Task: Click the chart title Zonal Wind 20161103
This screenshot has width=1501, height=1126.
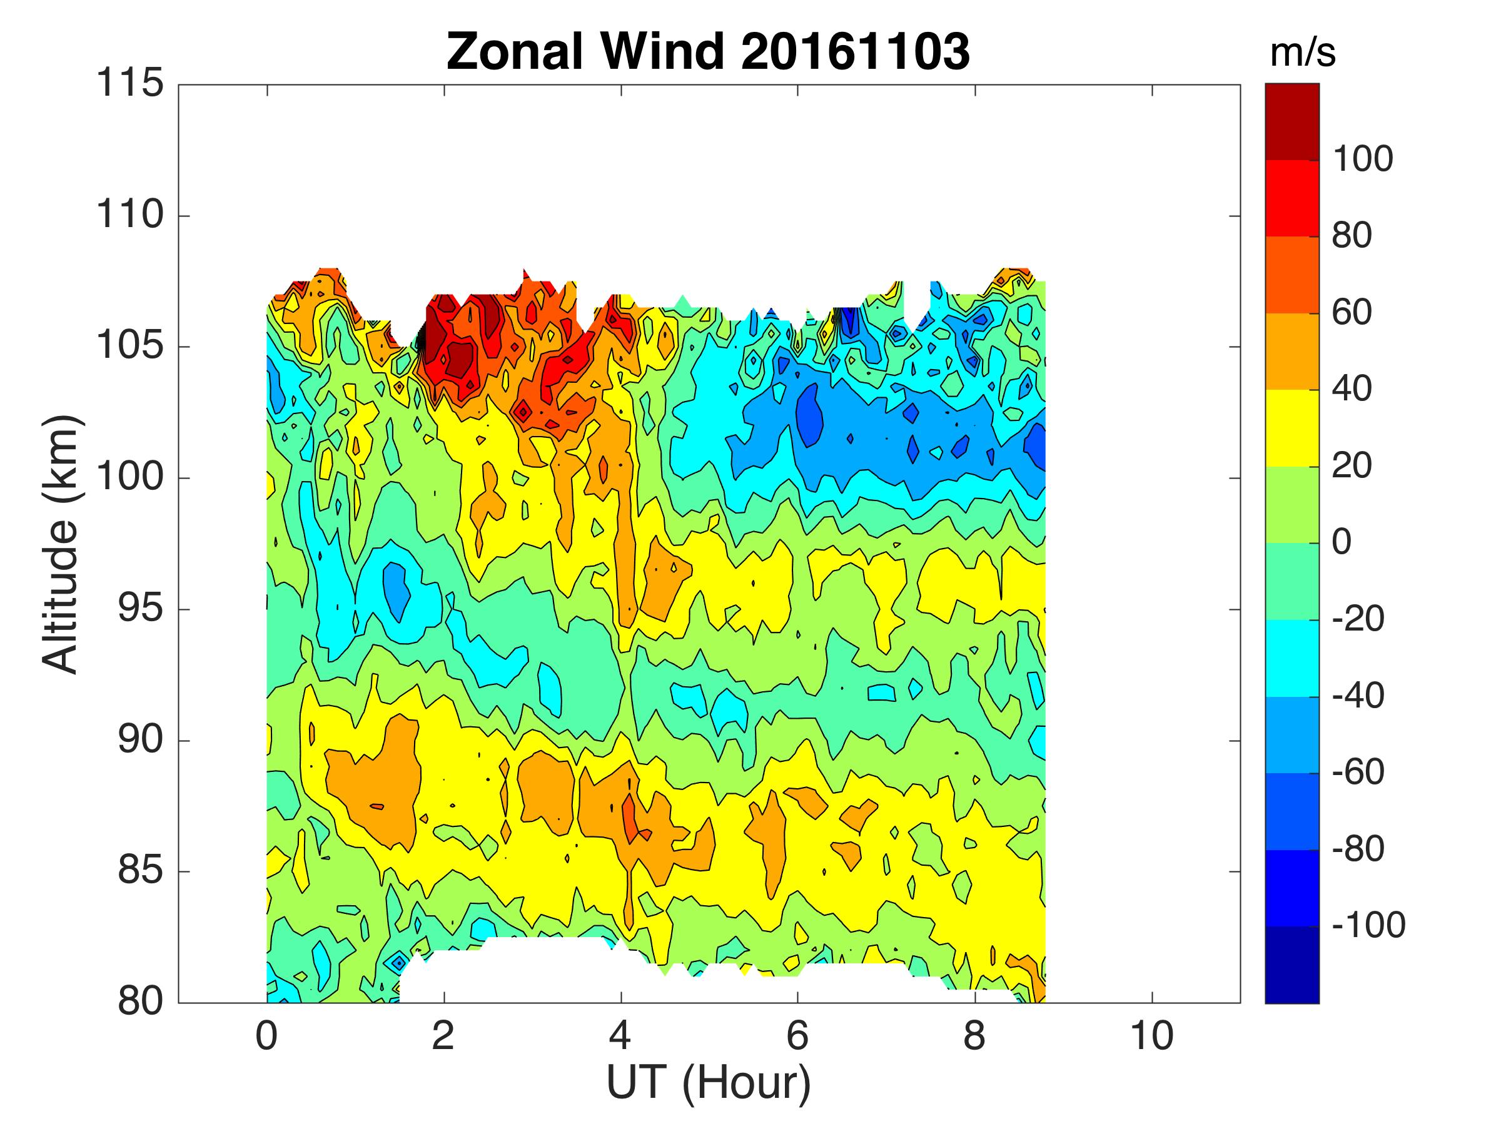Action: click(708, 51)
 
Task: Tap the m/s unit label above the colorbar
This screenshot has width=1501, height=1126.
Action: click(1302, 53)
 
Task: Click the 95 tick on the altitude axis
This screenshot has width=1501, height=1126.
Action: click(141, 609)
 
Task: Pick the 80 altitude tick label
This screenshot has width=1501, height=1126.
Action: click(141, 1002)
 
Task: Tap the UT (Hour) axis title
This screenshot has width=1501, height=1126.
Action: click(708, 1084)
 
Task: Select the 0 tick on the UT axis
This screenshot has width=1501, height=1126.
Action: click(266, 1037)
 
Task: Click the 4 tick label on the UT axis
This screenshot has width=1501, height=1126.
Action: click(620, 1037)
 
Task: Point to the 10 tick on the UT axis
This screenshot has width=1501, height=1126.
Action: click(1151, 1037)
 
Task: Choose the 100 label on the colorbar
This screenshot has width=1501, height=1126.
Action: click(1363, 160)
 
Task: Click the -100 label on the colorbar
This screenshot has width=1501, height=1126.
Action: click(1368, 925)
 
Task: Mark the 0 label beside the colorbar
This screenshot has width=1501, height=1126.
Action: click(1342, 542)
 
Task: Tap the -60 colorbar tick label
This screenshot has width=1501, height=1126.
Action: click(1358, 772)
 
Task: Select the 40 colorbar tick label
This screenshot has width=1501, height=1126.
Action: click(1352, 389)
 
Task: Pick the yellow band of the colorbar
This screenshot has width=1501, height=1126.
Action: click(1292, 428)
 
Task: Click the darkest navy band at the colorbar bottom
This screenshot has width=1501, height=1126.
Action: click(1292, 964)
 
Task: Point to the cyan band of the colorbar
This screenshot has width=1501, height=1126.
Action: click(1292, 658)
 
